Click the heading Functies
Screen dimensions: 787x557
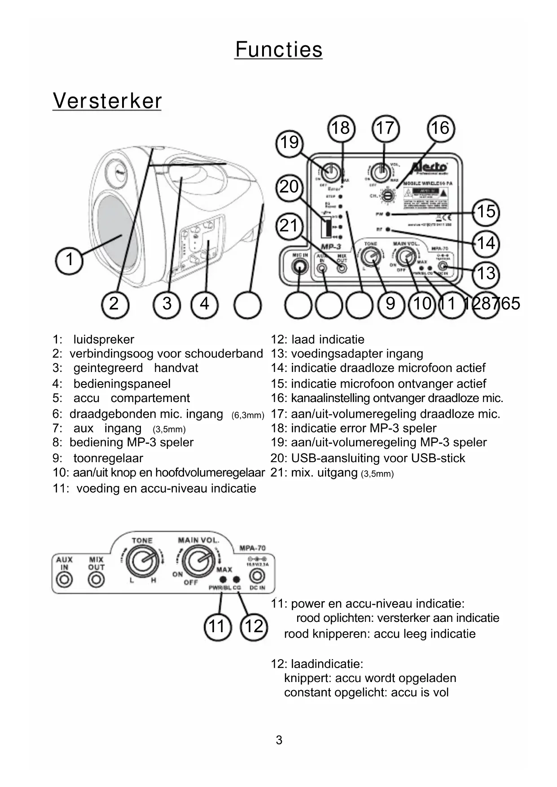coord(279,49)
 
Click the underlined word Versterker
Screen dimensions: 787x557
coord(107,101)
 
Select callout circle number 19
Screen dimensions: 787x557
coord(289,143)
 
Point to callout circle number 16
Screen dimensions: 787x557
coord(440,129)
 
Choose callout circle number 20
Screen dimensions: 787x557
coord(289,187)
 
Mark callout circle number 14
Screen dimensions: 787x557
coord(486,244)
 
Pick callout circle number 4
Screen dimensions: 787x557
coord(205,304)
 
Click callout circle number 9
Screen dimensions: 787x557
coord(390,304)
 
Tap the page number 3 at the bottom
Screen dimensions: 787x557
coord(279,740)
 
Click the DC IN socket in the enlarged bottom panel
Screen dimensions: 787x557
coord(257,576)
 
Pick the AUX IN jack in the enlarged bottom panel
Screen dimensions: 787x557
coord(64,580)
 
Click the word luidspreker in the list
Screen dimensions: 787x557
coord(104,340)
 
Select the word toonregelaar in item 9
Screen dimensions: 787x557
coord(108,459)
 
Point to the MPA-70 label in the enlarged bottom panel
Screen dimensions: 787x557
coord(252,548)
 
